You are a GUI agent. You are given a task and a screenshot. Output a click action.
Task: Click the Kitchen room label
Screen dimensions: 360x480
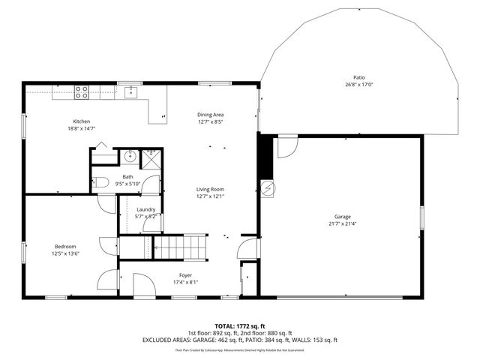[x=81, y=121]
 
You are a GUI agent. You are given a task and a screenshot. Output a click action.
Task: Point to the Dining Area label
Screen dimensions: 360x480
[x=211, y=114]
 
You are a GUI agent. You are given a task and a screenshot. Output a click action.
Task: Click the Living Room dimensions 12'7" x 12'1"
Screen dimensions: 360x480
[x=211, y=196]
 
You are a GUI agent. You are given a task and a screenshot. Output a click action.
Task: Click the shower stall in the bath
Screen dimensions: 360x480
[x=152, y=157]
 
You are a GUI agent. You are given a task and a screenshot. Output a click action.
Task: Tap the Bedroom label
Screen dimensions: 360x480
[x=64, y=247]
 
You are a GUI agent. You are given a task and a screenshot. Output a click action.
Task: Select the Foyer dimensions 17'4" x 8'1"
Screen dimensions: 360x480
[x=185, y=283]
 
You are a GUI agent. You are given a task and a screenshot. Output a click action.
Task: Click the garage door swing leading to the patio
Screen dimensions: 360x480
[x=286, y=147]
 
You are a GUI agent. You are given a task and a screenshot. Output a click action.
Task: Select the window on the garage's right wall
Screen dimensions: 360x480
[x=422, y=217]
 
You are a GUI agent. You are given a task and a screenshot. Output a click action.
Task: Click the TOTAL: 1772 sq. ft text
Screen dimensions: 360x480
[x=239, y=327]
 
